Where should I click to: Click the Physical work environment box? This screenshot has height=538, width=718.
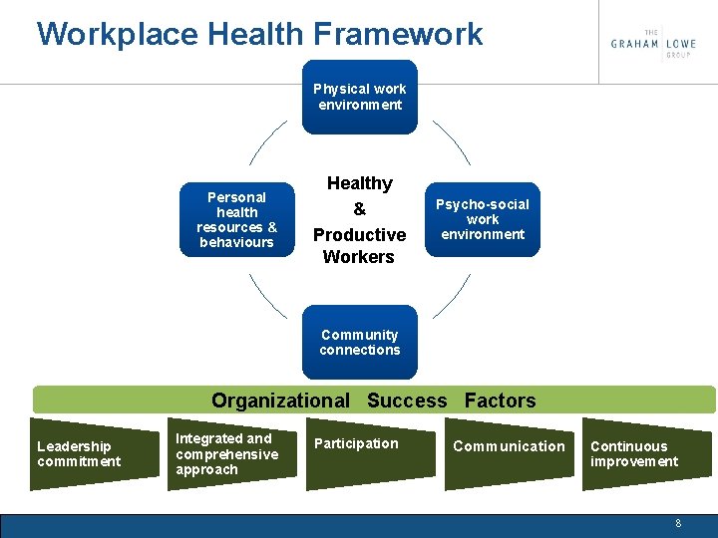coord(360,97)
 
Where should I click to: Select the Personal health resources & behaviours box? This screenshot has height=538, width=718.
coord(236,219)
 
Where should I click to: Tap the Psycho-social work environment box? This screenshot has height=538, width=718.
coord(483,219)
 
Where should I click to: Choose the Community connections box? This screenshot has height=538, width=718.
coord(360,342)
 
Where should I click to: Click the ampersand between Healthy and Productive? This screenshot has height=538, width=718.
coord(359,209)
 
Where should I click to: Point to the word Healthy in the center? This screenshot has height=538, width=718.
coord(359,183)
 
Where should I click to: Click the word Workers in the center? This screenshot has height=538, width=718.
coord(359,257)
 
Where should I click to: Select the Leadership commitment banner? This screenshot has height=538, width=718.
coord(86,454)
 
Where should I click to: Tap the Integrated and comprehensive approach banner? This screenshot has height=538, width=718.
coord(229,454)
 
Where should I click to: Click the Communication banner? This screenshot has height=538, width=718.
coord(509,454)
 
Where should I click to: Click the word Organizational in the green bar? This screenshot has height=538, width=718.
coord(280,401)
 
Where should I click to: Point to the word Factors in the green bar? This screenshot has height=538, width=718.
coord(500,401)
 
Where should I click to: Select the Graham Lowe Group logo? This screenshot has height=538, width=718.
coord(653,43)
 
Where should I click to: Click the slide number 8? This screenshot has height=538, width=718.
coord(678,523)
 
